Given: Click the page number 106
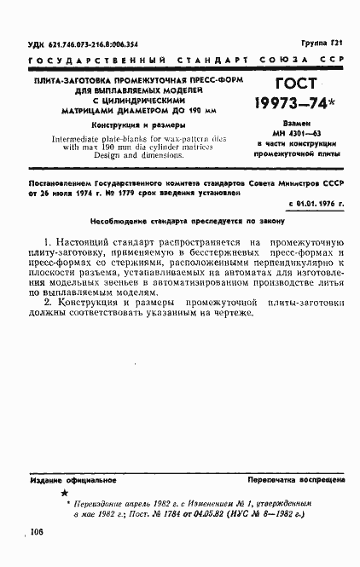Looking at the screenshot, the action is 37,532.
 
